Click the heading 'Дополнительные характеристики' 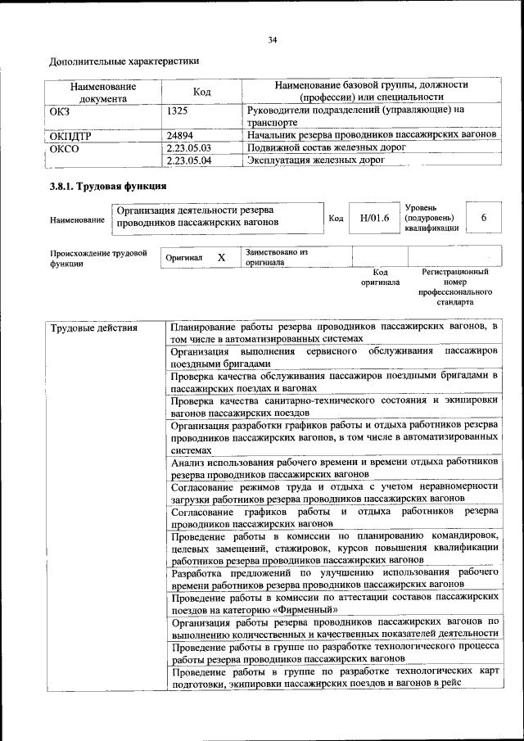coord(124,61)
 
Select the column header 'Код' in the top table coord(201,92)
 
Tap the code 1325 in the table coord(177,109)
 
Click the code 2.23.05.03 coord(188,147)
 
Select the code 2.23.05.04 coord(188,160)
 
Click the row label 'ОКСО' coord(66,149)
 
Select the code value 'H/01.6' coord(373,218)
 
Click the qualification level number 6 coord(484,218)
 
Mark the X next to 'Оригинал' coord(221,258)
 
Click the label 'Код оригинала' coord(380,277)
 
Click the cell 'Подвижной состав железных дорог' coord(325,147)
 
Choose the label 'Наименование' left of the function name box coord(77,219)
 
